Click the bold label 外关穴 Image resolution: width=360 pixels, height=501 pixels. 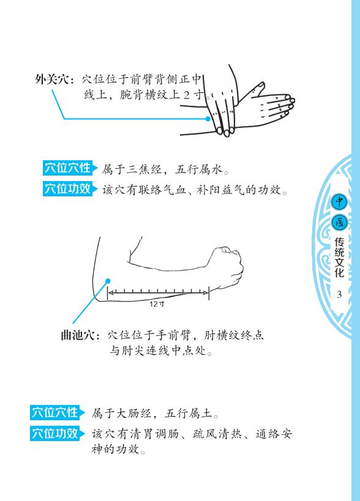click(x=52, y=80)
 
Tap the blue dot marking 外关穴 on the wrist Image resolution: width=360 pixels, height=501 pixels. click(x=208, y=119)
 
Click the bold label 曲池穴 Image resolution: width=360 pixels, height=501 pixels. click(x=78, y=335)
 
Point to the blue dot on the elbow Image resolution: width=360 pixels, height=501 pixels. click(x=108, y=281)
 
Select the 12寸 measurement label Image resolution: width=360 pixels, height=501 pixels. click(x=157, y=303)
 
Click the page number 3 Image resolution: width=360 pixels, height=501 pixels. click(x=339, y=294)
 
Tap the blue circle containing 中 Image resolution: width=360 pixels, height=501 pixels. click(x=339, y=202)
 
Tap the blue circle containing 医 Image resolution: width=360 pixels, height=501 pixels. click(x=339, y=222)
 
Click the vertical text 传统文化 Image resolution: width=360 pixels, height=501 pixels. click(x=339, y=257)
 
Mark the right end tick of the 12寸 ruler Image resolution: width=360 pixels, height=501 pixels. click(x=209, y=292)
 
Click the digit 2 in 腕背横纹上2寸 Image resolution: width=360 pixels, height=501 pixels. click(x=187, y=95)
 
